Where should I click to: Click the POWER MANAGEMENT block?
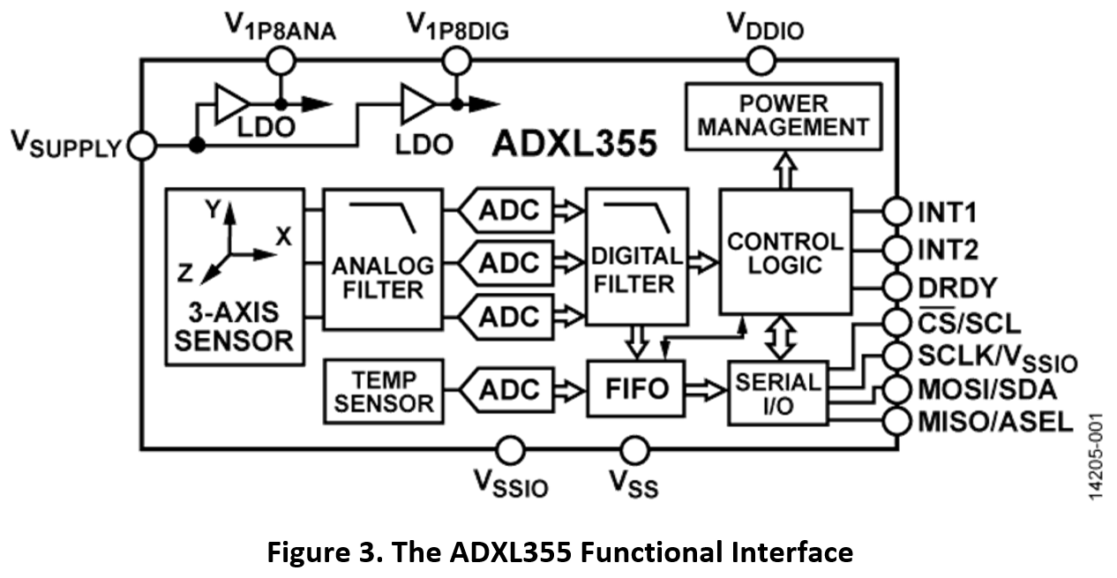pos(783,115)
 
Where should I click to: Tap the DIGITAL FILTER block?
pos(636,256)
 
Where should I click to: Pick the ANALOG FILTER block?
pos(382,259)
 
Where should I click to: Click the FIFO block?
pos(636,389)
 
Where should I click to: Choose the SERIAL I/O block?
pos(777,392)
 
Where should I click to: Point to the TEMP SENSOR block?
pos(384,391)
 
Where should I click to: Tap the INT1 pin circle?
pos(896,213)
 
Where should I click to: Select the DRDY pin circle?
pos(896,288)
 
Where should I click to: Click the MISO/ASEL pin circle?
pos(896,420)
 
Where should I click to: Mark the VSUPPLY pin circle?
pos(141,146)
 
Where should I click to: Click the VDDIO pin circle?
pos(761,61)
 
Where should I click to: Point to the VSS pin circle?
pos(633,449)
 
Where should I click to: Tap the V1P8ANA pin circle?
pos(280,61)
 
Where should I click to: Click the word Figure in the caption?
pos(306,552)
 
